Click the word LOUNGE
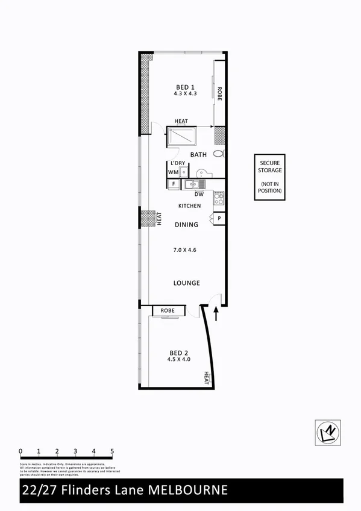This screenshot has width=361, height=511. click(187, 283)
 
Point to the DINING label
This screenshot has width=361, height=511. click(187, 225)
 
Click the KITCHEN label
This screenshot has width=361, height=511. click(189, 206)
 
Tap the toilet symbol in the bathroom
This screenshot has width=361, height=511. click(218, 153)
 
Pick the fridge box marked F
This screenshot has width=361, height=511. click(174, 183)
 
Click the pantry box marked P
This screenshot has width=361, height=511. click(219, 219)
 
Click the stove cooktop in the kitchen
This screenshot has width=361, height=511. click(219, 197)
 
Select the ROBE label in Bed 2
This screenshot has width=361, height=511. click(168, 311)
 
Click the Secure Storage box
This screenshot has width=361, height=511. click(271, 177)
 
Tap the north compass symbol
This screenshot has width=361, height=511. click(328, 431)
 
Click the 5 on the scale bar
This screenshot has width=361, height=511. click(112, 451)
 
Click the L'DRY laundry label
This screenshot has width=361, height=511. click(177, 163)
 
